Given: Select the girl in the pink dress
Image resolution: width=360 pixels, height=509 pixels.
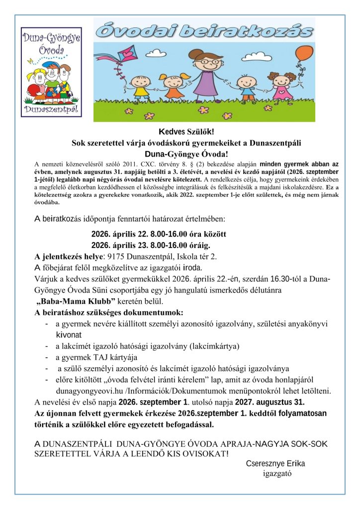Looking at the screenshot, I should click(x=282, y=87).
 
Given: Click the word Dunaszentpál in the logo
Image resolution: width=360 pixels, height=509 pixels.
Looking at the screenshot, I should click(x=51, y=108).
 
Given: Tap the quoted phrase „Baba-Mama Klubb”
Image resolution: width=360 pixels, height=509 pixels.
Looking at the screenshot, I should click(x=76, y=301).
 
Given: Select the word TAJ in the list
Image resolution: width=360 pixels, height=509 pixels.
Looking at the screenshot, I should click(x=98, y=357).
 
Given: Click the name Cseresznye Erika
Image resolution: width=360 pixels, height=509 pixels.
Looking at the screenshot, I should click(x=275, y=463).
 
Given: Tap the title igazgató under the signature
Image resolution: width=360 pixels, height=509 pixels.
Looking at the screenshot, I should click(x=277, y=473).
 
